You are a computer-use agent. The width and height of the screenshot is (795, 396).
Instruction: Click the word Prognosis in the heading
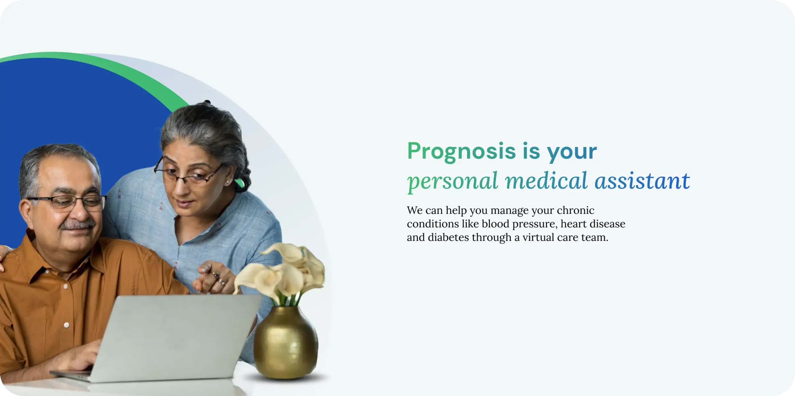click(x=461, y=151)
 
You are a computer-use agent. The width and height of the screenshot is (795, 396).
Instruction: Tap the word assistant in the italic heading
click(x=642, y=181)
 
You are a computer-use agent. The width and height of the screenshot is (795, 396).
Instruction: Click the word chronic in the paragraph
click(x=575, y=210)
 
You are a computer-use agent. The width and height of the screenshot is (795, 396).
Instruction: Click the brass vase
click(x=285, y=343)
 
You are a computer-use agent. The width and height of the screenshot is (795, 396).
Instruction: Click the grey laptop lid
click(x=174, y=337)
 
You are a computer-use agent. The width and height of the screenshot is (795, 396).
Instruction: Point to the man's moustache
click(x=77, y=225)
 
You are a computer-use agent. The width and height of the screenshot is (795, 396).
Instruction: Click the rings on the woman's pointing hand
click(x=219, y=279)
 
